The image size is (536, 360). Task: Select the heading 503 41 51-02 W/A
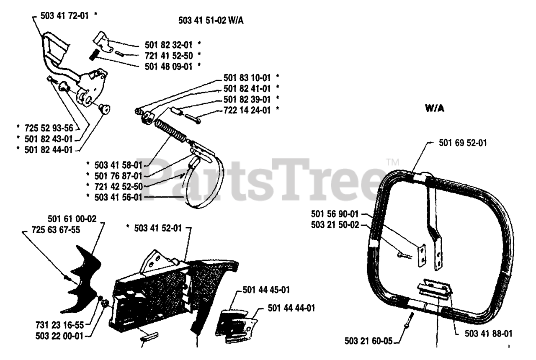click(211, 21)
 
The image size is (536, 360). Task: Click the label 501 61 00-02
click(72, 219)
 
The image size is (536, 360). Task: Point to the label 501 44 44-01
click(291, 309)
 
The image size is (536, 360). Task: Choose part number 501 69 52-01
click(463, 143)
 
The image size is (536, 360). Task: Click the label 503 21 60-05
click(368, 341)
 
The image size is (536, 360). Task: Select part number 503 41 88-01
click(489, 334)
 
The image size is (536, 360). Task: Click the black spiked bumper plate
click(84, 280)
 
